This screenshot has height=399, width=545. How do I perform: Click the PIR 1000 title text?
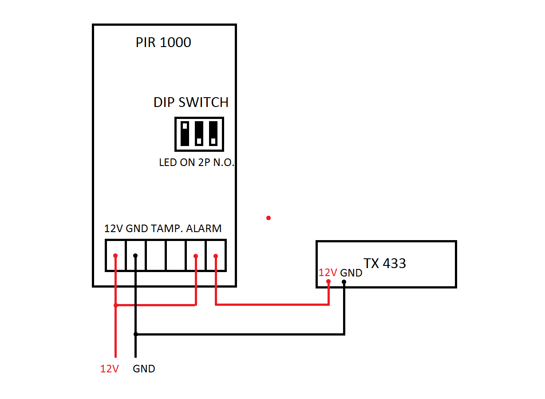[x=163, y=43]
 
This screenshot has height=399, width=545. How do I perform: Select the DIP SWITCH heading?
[x=191, y=103]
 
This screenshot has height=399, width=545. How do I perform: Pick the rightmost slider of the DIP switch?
[x=213, y=134]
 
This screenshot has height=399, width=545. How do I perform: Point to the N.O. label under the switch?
[x=224, y=163]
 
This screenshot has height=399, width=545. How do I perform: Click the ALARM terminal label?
[x=204, y=229]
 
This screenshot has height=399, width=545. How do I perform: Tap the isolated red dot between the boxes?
[x=268, y=218]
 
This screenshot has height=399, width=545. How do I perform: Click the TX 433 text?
[x=385, y=263]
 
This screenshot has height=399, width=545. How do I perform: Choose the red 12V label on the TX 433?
[x=328, y=273]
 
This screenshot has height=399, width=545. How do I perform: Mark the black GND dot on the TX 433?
[x=344, y=281]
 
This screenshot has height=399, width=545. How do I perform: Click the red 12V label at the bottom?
[x=109, y=369]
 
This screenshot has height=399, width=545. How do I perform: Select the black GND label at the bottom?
[x=144, y=369]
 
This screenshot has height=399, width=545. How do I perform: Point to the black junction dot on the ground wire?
[x=136, y=334]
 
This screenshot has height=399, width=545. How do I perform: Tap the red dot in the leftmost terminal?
[x=115, y=256]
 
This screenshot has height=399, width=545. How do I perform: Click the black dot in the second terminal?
[x=136, y=256]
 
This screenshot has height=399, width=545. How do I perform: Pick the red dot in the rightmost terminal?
[x=216, y=256]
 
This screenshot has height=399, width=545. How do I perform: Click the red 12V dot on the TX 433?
[x=328, y=281]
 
